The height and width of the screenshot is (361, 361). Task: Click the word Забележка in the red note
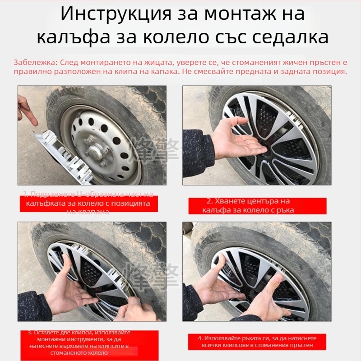35,63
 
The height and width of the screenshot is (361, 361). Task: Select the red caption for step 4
257,342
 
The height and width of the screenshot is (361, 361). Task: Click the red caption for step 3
88,343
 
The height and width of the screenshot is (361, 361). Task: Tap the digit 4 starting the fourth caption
200,338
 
